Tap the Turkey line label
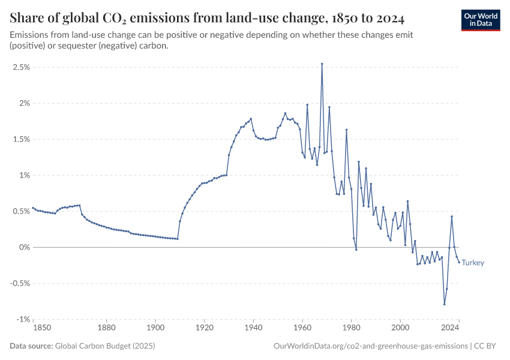(473, 263)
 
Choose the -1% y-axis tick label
(23, 319)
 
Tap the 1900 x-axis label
(155, 328)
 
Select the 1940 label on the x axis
(253, 328)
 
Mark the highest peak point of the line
(322, 64)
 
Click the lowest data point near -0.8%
(445, 304)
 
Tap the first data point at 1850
(33, 208)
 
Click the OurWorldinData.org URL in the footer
(370, 346)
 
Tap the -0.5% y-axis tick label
(20, 283)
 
